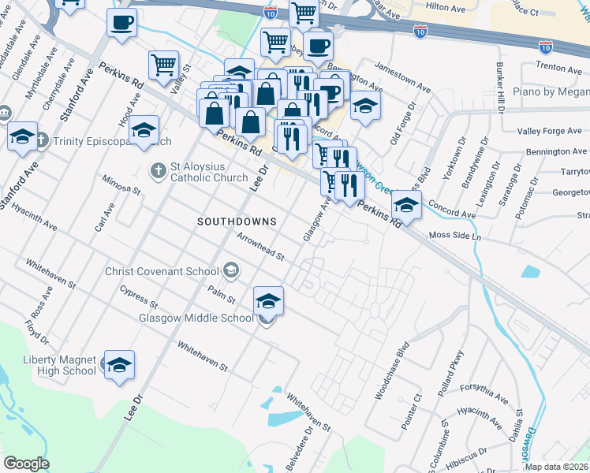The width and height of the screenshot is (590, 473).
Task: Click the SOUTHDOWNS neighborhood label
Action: point(237,222)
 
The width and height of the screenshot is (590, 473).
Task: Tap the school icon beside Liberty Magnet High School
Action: point(120,366)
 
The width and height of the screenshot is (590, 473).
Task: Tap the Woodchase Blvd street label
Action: point(394,371)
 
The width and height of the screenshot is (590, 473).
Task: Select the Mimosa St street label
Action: point(121,185)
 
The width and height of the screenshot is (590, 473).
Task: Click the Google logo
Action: point(26,464)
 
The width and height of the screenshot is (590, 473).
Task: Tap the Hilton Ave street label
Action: point(445,7)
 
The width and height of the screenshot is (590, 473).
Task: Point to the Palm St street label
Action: point(222,297)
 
